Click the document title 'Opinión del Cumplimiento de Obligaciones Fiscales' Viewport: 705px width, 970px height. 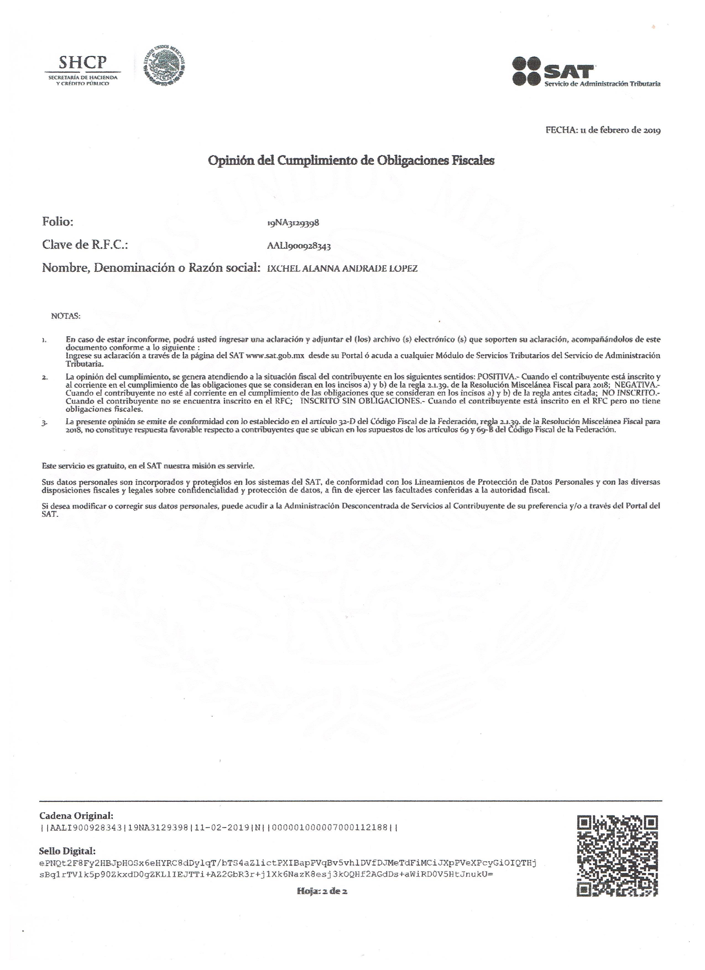(x=351, y=161)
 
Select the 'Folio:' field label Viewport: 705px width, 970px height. (x=58, y=222)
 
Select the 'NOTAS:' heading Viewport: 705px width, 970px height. (x=66, y=316)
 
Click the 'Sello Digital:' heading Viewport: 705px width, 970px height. (x=67, y=851)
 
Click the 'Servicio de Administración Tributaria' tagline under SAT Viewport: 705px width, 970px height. (x=602, y=84)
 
